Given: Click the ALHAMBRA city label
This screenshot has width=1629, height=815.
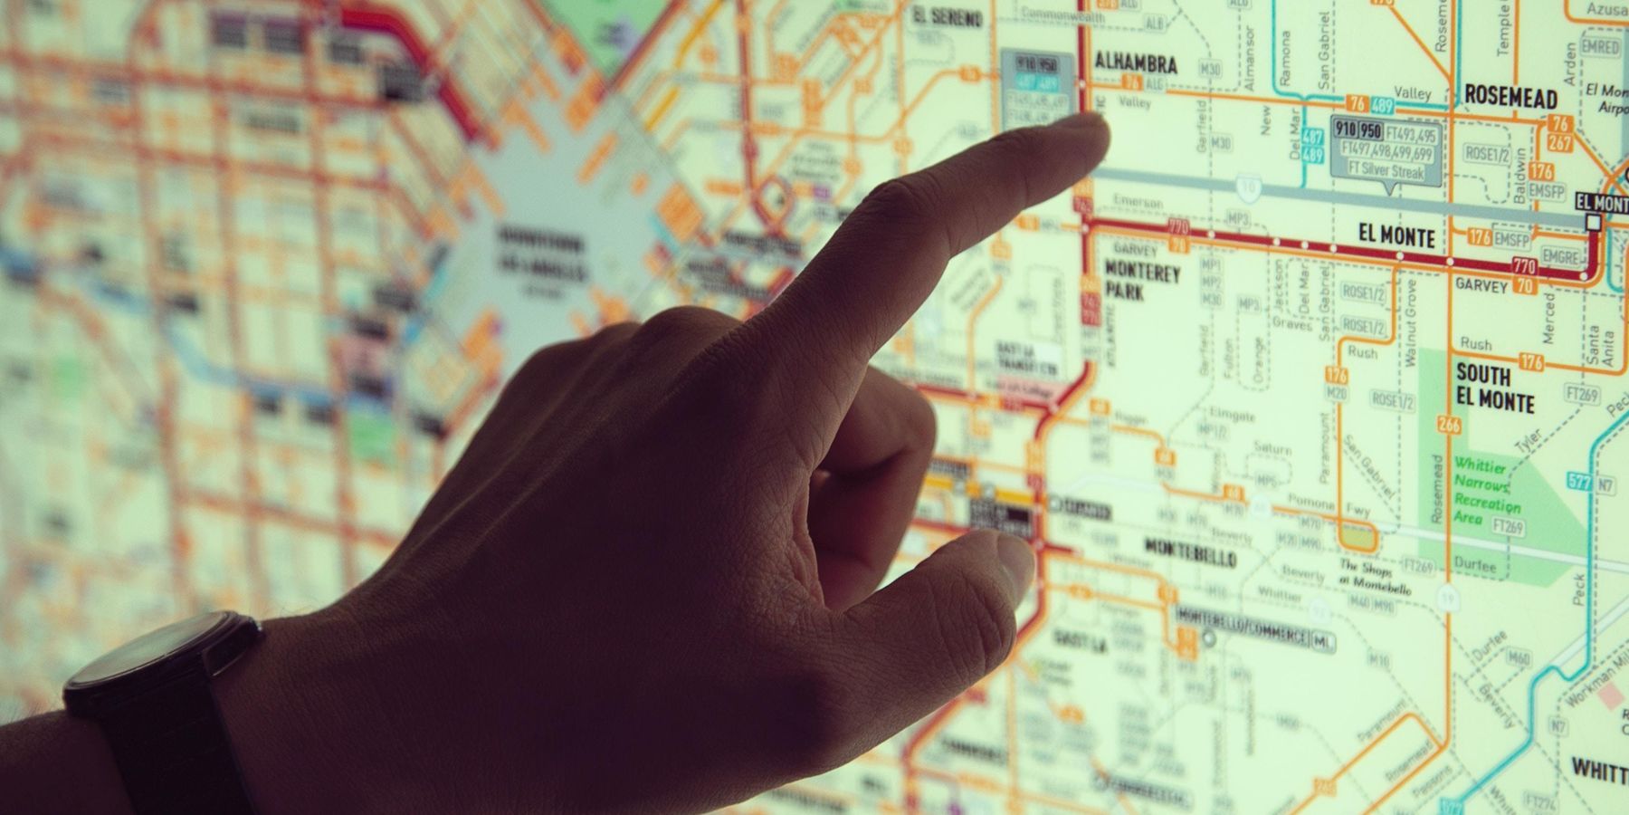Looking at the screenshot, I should point(1136,63).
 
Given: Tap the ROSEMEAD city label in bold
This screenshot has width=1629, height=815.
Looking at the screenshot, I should point(1510,97).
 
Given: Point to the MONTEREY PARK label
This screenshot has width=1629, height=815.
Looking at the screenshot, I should point(1142,282).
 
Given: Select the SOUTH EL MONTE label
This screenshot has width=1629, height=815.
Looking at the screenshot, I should point(1495,388).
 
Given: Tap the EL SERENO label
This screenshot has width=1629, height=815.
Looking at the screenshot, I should point(947,16).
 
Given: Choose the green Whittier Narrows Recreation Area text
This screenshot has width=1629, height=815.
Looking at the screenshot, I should point(1486,492).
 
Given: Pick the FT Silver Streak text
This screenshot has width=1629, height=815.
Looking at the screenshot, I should point(1386,172).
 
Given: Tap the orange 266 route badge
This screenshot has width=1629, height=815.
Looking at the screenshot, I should point(1449,425).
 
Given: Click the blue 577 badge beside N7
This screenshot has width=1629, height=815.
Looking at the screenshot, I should point(1578,483).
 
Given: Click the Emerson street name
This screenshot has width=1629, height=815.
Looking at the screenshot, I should point(1138,201).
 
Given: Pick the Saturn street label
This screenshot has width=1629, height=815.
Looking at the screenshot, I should point(1272,448).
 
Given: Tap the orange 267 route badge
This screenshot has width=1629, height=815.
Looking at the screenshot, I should point(1559,143).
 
